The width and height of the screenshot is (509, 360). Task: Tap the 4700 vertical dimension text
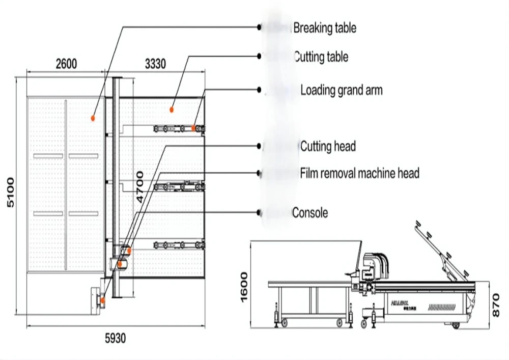pos(139,188)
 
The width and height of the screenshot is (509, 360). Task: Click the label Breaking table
pos(324,28)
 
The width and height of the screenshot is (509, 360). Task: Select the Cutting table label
pos(321,57)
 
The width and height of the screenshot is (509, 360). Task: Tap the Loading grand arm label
pos(341,91)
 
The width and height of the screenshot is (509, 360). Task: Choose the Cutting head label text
pos(327,147)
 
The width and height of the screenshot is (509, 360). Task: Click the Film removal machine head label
pos(359,173)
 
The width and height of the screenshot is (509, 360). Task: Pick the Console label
pos(310,212)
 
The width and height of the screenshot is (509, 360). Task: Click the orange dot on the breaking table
pos(93,118)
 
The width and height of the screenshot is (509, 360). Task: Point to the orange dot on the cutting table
pos(172,109)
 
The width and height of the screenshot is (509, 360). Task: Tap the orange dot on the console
pos(103,300)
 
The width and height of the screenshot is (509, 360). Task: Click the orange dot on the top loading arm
pos(193,128)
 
